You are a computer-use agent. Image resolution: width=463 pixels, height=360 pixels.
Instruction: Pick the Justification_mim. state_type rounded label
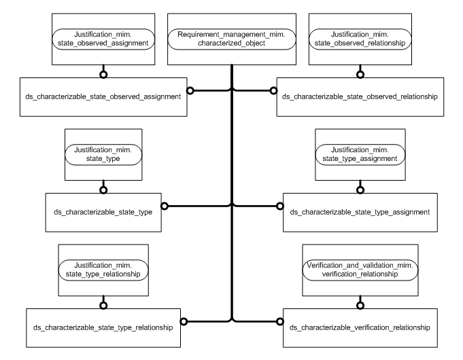coord(103,154)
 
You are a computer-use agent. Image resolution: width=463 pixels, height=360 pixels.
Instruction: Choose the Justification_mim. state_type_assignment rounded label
coord(360,154)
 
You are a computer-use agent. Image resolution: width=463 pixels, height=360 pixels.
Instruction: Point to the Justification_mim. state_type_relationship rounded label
coord(103,268)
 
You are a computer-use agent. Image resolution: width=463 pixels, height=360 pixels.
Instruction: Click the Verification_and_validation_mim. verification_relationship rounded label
coord(360,268)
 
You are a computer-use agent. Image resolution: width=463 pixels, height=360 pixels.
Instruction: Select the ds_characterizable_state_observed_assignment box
coord(103,97)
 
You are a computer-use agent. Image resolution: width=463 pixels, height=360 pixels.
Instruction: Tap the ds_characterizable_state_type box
coord(103,211)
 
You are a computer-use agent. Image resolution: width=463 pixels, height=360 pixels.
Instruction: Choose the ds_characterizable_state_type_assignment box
coord(360,211)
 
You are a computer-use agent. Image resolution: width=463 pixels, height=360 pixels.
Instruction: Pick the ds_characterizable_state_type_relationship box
coord(103,327)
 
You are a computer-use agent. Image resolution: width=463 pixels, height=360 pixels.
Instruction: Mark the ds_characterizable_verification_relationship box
coord(360,327)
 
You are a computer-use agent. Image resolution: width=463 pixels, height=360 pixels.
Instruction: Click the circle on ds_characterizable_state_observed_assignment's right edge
coord(191,90)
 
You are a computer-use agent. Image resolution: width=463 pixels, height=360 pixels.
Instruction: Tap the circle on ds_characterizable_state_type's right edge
coord(164,204)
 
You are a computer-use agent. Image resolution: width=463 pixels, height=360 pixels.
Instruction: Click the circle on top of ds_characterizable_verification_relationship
coord(360,304)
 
